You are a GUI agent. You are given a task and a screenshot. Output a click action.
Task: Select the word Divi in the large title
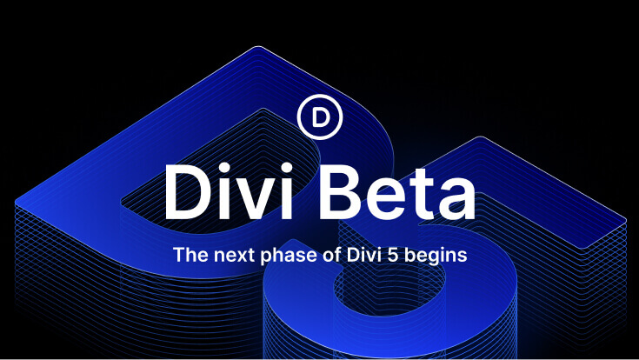tap(228, 192)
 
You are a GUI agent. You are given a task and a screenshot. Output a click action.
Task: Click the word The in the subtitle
tap(191, 255)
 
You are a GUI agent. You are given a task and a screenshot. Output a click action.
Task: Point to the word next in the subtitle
tap(235, 256)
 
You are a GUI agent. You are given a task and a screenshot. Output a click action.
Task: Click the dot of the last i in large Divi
tap(287, 169)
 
